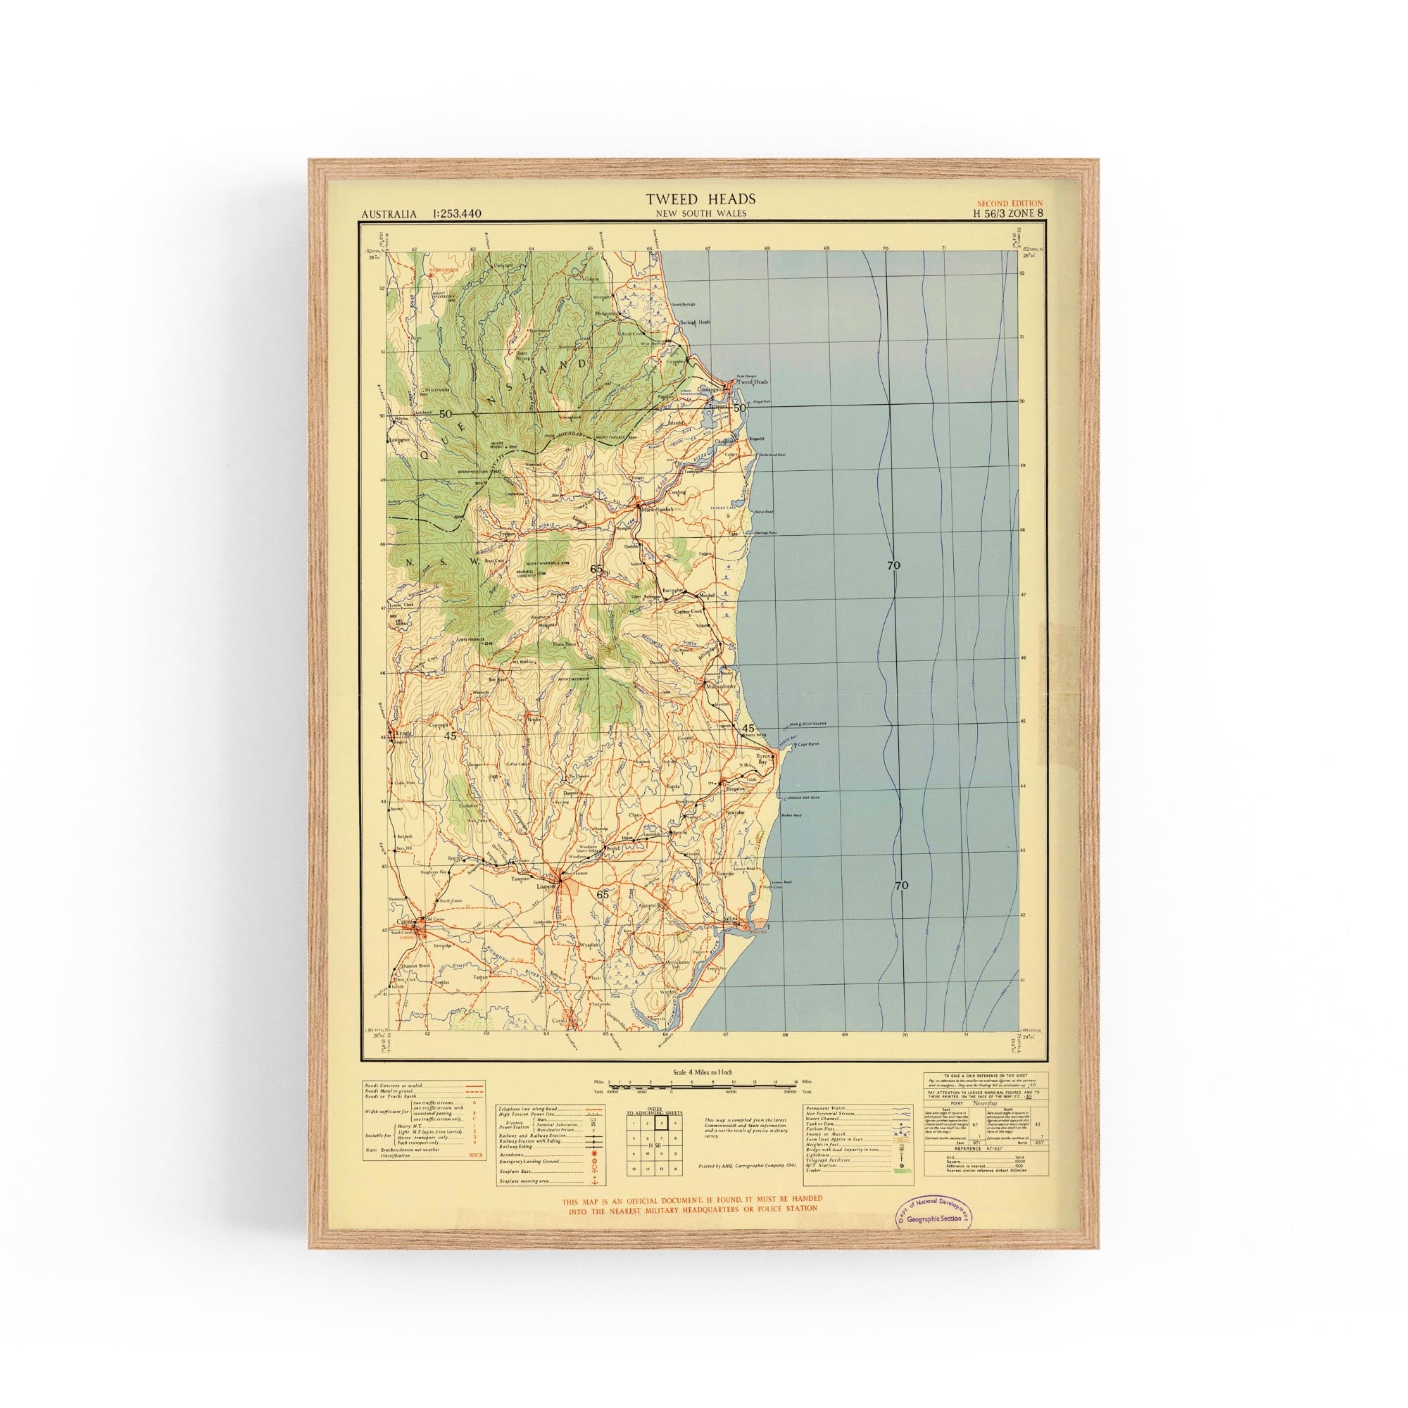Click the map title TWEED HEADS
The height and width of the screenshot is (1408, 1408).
click(x=700, y=199)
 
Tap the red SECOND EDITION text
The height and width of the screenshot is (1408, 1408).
click(x=1010, y=203)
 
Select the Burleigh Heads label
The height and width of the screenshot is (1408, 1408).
click(x=695, y=322)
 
